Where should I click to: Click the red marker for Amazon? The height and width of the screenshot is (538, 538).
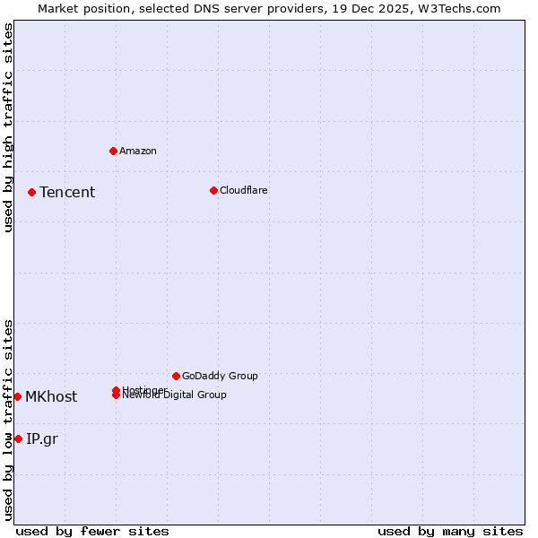[113, 151]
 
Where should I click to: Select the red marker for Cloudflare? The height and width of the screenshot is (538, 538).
[213, 190]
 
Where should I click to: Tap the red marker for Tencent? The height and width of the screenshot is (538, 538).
[31, 192]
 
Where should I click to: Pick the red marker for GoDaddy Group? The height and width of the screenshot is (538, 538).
[176, 376]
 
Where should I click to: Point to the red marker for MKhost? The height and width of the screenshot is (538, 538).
[17, 396]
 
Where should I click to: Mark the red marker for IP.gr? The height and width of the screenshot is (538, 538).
[18, 438]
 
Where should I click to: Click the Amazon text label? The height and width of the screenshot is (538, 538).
[138, 151]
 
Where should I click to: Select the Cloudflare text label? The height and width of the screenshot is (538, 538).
[244, 190]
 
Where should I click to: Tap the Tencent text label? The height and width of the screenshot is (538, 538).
[67, 192]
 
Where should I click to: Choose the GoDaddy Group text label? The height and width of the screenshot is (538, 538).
[220, 376]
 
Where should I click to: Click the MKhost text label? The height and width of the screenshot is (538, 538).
[51, 396]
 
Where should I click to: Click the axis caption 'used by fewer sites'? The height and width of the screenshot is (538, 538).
[92, 531]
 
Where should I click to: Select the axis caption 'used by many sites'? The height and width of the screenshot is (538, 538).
[450, 531]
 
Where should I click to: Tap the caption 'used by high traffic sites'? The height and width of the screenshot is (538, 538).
[8, 127]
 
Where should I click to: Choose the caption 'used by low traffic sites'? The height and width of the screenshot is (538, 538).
[8, 419]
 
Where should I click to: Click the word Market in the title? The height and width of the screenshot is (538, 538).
[57, 8]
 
